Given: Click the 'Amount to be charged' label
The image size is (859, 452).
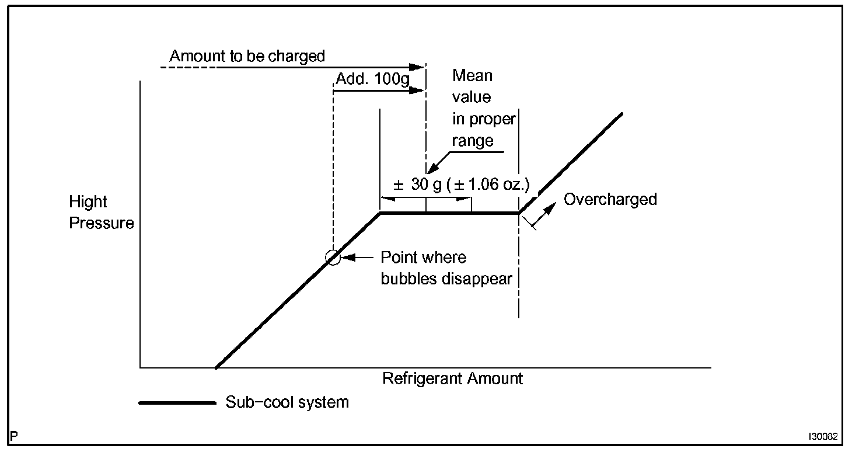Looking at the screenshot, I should [x=247, y=56].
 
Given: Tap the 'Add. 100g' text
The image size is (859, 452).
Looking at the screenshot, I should [x=373, y=78].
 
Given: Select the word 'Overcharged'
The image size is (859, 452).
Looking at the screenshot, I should [x=610, y=200].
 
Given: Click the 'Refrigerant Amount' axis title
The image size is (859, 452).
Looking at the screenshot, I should [x=452, y=378].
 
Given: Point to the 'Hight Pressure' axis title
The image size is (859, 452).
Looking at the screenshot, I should [x=101, y=213].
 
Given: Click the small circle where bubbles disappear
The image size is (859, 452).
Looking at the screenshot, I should [x=333, y=258].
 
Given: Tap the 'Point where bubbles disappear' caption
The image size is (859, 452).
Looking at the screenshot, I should [x=446, y=268].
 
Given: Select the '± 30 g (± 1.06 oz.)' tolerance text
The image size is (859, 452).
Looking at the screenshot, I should [x=461, y=185].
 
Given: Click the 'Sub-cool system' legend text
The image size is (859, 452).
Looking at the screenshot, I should [x=287, y=402].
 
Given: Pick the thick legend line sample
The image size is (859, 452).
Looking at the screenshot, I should [x=177, y=402].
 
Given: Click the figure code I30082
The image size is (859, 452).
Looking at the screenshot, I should [x=823, y=436].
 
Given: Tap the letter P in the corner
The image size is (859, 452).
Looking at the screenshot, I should [x=14, y=436].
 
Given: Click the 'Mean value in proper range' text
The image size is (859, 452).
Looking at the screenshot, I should [x=483, y=108].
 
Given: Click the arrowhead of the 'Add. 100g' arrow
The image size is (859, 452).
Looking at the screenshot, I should [x=416, y=90].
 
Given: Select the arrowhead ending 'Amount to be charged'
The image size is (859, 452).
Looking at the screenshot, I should [x=416, y=67].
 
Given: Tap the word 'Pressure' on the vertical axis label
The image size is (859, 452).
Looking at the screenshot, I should [x=101, y=224].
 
